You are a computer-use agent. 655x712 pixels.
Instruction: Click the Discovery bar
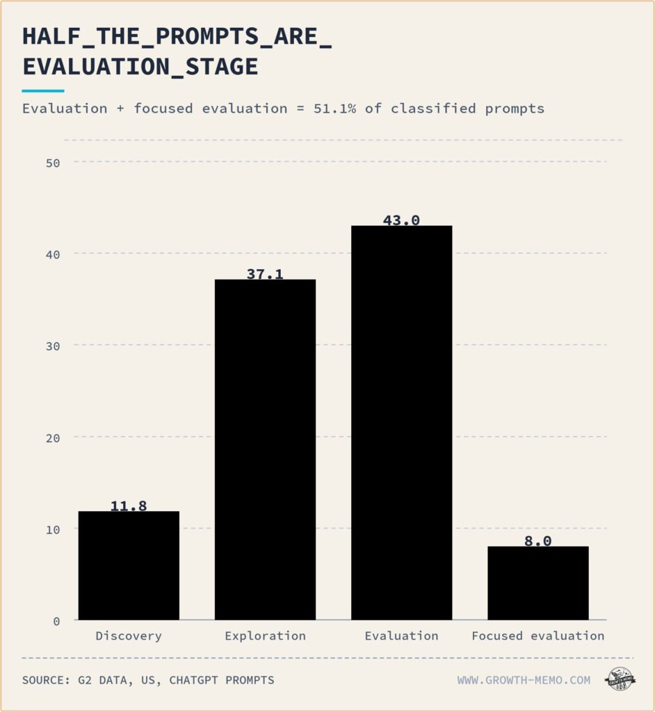pyautogui.click(x=129, y=565)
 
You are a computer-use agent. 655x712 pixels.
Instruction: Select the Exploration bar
pyautogui.click(x=266, y=450)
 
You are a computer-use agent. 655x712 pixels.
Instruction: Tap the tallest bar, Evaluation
pyautogui.click(x=401, y=423)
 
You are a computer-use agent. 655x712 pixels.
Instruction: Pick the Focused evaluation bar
pyautogui.click(x=538, y=583)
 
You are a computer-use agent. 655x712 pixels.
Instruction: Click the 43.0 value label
pyautogui.click(x=401, y=220)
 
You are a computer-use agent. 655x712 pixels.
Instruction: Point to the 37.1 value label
pyautogui.click(x=265, y=274)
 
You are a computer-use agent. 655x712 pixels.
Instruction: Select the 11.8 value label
pyautogui.click(x=129, y=506)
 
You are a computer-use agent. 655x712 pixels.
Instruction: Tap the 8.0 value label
pyautogui.click(x=537, y=541)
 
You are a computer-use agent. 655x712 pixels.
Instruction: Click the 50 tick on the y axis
pyautogui.click(x=53, y=163)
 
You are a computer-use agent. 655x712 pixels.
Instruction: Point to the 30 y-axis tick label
pyautogui.click(x=53, y=346)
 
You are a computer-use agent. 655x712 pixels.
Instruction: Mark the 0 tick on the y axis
pyautogui.click(x=56, y=621)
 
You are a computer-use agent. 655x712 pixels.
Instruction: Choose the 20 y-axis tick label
pyautogui.click(x=53, y=438)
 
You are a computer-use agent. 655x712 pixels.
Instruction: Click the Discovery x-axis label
pyautogui.click(x=129, y=636)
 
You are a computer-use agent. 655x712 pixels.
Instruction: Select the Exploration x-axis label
pyautogui.click(x=266, y=636)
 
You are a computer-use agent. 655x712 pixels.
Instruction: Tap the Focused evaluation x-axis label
pyautogui.click(x=538, y=636)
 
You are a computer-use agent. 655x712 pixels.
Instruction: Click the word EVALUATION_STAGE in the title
pyautogui.click(x=140, y=67)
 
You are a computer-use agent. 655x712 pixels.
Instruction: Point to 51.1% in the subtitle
pyautogui.click(x=334, y=108)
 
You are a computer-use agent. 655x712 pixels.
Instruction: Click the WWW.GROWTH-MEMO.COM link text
pyautogui.click(x=524, y=680)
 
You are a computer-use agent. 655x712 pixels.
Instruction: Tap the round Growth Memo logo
pyautogui.click(x=620, y=679)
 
